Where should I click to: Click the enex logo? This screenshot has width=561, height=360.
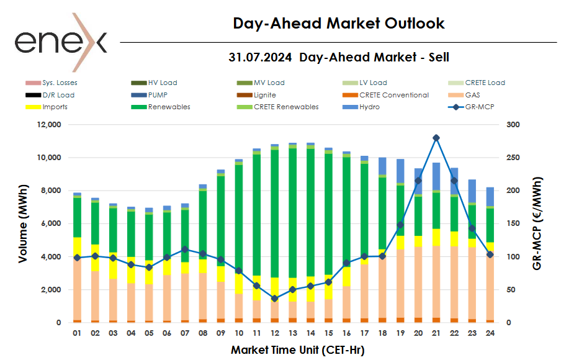tap(61, 42)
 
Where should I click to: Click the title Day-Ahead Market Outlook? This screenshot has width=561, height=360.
tap(339, 24)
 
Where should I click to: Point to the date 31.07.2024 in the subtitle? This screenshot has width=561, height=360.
tap(261, 58)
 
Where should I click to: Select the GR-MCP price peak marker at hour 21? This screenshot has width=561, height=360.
tap(436, 138)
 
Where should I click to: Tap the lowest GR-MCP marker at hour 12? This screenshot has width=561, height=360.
tap(274, 299)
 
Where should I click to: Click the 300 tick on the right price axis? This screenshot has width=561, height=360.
tap(513, 125)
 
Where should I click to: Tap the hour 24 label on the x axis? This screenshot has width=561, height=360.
tap(490, 333)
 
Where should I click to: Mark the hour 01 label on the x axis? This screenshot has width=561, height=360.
tap(77, 333)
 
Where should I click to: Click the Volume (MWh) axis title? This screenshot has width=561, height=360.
tap(23, 223)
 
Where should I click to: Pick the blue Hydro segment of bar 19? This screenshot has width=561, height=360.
tap(400, 171)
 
